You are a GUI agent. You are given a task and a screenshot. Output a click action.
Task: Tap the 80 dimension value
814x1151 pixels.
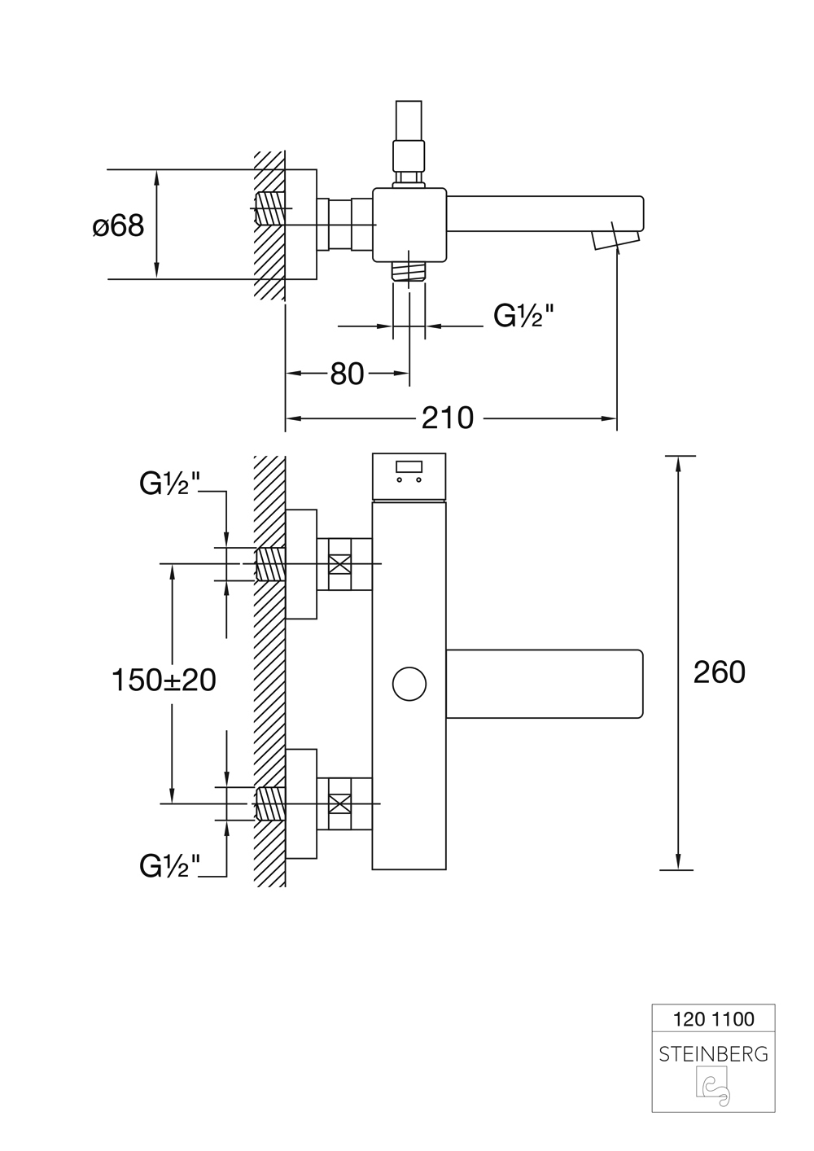click(347, 374)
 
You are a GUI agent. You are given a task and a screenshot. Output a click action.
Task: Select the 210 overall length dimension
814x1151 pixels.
click(447, 418)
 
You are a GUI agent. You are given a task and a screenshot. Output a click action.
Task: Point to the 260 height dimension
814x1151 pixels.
click(719, 672)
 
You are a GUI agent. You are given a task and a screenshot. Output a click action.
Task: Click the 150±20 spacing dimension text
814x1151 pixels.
click(164, 680)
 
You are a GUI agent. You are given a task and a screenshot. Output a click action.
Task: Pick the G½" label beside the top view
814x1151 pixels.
click(523, 316)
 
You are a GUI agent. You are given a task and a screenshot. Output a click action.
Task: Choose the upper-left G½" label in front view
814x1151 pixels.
click(169, 484)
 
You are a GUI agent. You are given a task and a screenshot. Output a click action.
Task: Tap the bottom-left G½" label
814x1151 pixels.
click(169, 866)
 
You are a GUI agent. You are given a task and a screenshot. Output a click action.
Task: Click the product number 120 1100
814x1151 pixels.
click(713, 1019)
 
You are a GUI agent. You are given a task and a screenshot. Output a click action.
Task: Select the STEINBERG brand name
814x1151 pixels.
click(713, 1054)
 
